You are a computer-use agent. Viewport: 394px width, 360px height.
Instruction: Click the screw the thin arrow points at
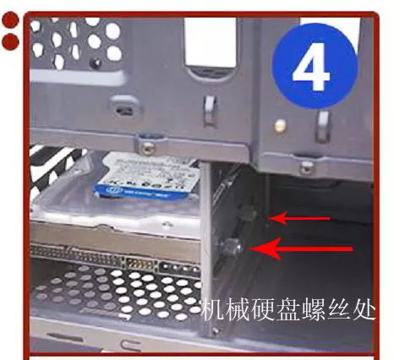pyautogui.click(x=251, y=215)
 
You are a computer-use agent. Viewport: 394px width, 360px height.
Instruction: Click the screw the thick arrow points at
pyautogui.click(x=234, y=247)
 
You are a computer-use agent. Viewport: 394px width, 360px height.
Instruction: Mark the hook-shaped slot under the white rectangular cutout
pyautogui.click(x=210, y=110)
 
